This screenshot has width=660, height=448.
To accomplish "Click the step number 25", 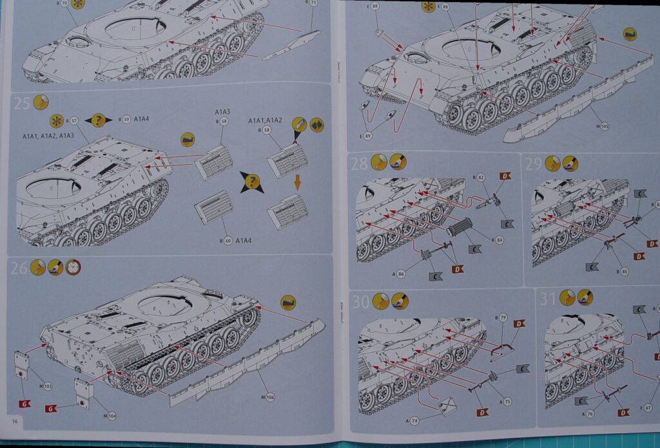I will point(21,103).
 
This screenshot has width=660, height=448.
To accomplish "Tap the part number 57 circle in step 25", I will point(74,120).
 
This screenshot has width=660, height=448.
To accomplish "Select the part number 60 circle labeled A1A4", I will point(225,241).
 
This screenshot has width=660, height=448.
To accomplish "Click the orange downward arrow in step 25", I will point(298,182).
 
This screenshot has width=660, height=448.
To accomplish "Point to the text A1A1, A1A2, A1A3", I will point(48,136).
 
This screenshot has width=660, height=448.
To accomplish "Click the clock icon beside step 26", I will point(73,267).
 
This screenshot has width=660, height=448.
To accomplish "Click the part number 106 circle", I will point(269,397).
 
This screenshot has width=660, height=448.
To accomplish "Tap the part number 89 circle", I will point(367,136).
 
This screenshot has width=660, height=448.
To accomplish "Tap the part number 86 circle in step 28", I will point(401,274).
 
